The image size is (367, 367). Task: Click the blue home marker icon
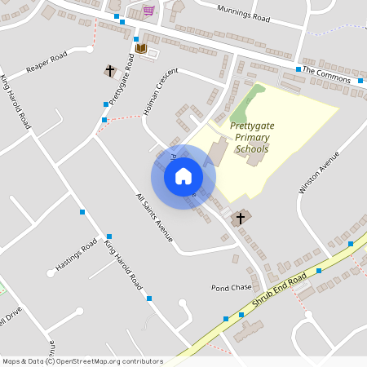[x=183, y=175]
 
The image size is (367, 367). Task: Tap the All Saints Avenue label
[x=154, y=216]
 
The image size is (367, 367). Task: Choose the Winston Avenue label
[x=318, y=172]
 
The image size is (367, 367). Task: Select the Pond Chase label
[x=231, y=288]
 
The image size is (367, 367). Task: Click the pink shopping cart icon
[x=148, y=10]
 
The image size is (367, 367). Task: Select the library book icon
[x=140, y=49]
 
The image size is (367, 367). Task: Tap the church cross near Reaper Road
[x=110, y=71]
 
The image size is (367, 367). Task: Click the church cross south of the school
[x=239, y=218]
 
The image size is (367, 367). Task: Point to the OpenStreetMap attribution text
[x=82, y=361]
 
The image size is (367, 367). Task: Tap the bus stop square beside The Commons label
[x=360, y=81]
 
